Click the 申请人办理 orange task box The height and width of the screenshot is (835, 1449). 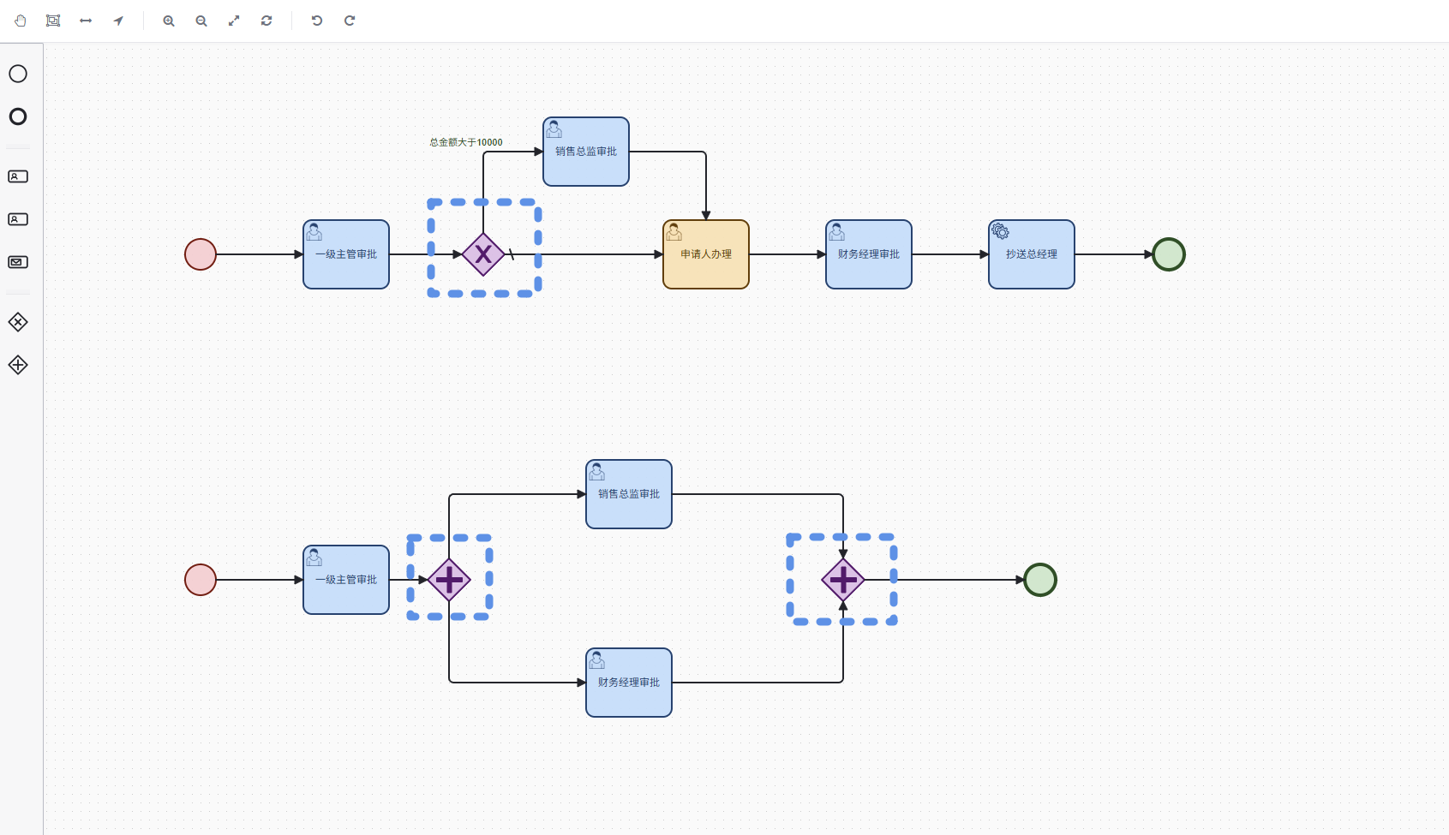706,254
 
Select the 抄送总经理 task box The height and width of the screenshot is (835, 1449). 1031,254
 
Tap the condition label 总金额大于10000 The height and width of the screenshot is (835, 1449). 466,142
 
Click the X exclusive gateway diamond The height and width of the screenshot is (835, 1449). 483,254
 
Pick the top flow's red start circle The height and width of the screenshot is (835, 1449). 201,254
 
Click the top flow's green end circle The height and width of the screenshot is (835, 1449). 1168,254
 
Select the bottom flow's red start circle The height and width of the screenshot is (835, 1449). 201,580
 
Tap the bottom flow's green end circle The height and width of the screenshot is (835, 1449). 1040,580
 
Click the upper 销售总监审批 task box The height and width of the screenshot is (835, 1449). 586,152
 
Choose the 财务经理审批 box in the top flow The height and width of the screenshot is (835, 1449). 869,254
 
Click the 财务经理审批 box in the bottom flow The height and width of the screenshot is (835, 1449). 629,683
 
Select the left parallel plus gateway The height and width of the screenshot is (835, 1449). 449,580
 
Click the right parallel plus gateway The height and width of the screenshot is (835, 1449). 843,580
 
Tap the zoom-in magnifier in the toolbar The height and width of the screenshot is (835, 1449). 169,21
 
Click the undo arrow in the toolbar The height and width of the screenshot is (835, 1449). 316,21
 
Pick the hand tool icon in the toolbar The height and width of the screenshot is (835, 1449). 20,21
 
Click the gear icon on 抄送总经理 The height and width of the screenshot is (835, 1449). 1000,230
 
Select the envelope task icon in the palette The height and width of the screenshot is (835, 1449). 18,262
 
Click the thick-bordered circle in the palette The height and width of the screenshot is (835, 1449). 18,116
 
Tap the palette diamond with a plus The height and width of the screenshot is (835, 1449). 18,365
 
